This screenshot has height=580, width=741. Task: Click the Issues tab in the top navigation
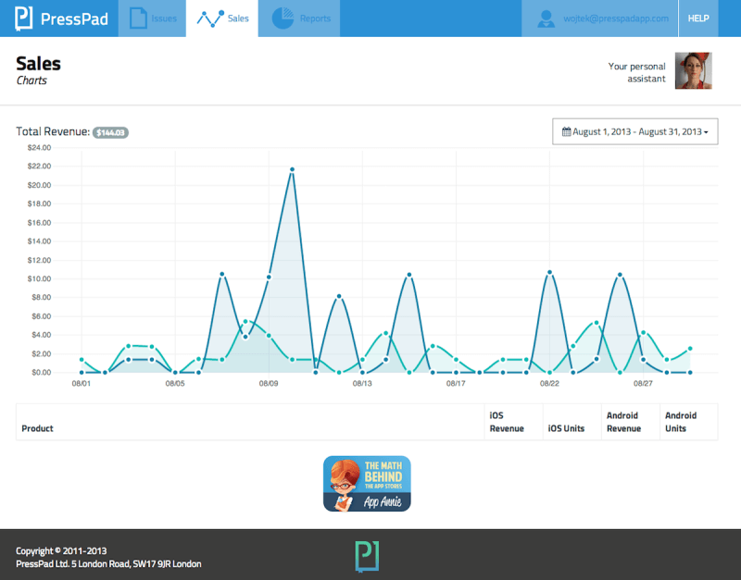point(153,19)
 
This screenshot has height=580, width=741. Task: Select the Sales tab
point(223,19)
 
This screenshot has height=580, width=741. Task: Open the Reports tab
point(300,19)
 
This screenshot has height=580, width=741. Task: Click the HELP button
point(697,19)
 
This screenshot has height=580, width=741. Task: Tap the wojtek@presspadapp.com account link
point(603,19)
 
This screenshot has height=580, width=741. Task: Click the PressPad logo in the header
point(60,19)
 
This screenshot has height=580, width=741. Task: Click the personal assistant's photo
point(693,70)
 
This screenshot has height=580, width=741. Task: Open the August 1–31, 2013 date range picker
point(635,132)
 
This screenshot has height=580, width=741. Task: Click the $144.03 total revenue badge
point(110,132)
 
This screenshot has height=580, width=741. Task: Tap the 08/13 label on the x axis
point(362,383)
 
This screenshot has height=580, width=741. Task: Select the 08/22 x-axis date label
point(549,383)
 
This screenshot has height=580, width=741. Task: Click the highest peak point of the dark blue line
point(292,169)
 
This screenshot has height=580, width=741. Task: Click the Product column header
point(37,428)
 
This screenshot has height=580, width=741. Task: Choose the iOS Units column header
point(566,428)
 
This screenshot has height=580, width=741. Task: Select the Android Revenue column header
point(623,422)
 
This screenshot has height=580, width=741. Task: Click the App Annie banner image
point(367,483)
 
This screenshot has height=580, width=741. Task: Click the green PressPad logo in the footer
point(367,555)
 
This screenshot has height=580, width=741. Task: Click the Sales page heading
point(39,64)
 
